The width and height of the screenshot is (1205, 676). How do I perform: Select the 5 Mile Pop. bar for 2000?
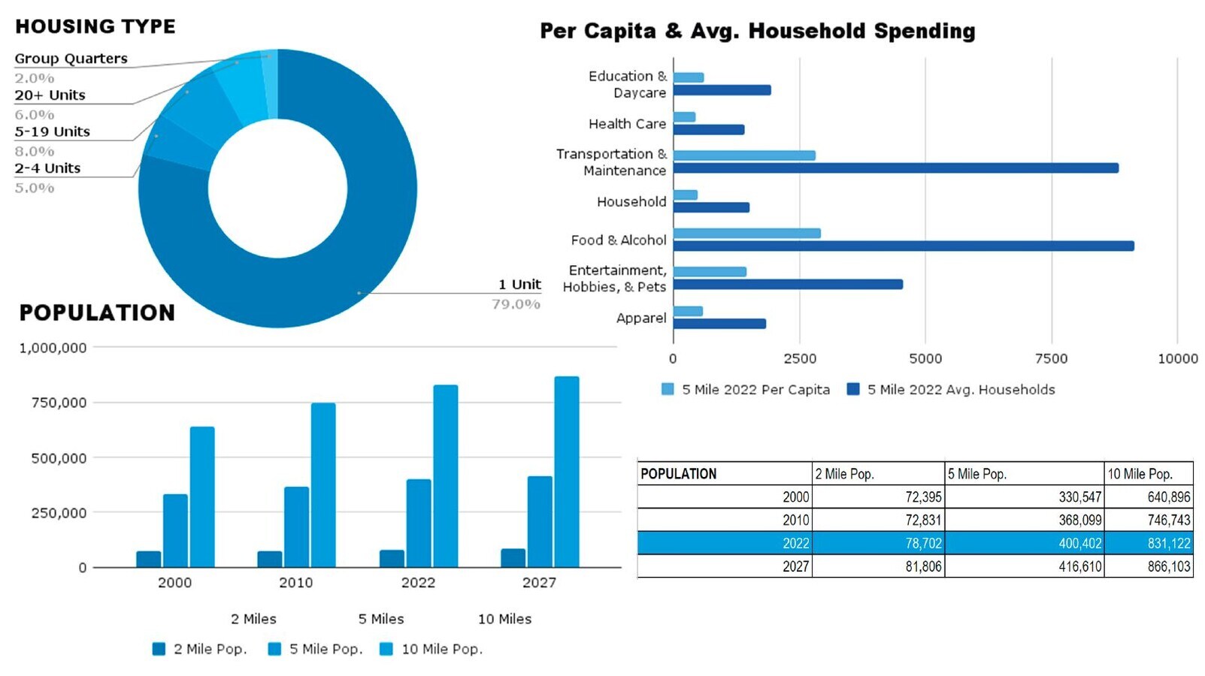pos(175,530)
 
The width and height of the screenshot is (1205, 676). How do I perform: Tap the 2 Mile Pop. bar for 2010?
pos(270,559)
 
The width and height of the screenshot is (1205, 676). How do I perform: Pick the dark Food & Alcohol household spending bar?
pos(903,246)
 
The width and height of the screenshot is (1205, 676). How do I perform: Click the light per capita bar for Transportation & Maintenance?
pos(744,155)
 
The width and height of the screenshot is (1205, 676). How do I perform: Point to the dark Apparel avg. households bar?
pos(719,324)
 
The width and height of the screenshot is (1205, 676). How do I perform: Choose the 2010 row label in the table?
pos(795,520)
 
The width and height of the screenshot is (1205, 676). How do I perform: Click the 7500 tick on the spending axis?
pos(1051,359)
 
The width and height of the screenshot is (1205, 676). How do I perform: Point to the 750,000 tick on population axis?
pos(59,403)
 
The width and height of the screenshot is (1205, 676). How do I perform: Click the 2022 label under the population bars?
pos(418,583)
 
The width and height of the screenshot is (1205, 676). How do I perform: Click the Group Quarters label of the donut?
pos(71,59)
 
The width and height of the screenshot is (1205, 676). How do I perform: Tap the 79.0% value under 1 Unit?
pos(516,304)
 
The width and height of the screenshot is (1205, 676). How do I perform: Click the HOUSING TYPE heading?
pos(95,26)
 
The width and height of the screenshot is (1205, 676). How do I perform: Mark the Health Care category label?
pos(627,124)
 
